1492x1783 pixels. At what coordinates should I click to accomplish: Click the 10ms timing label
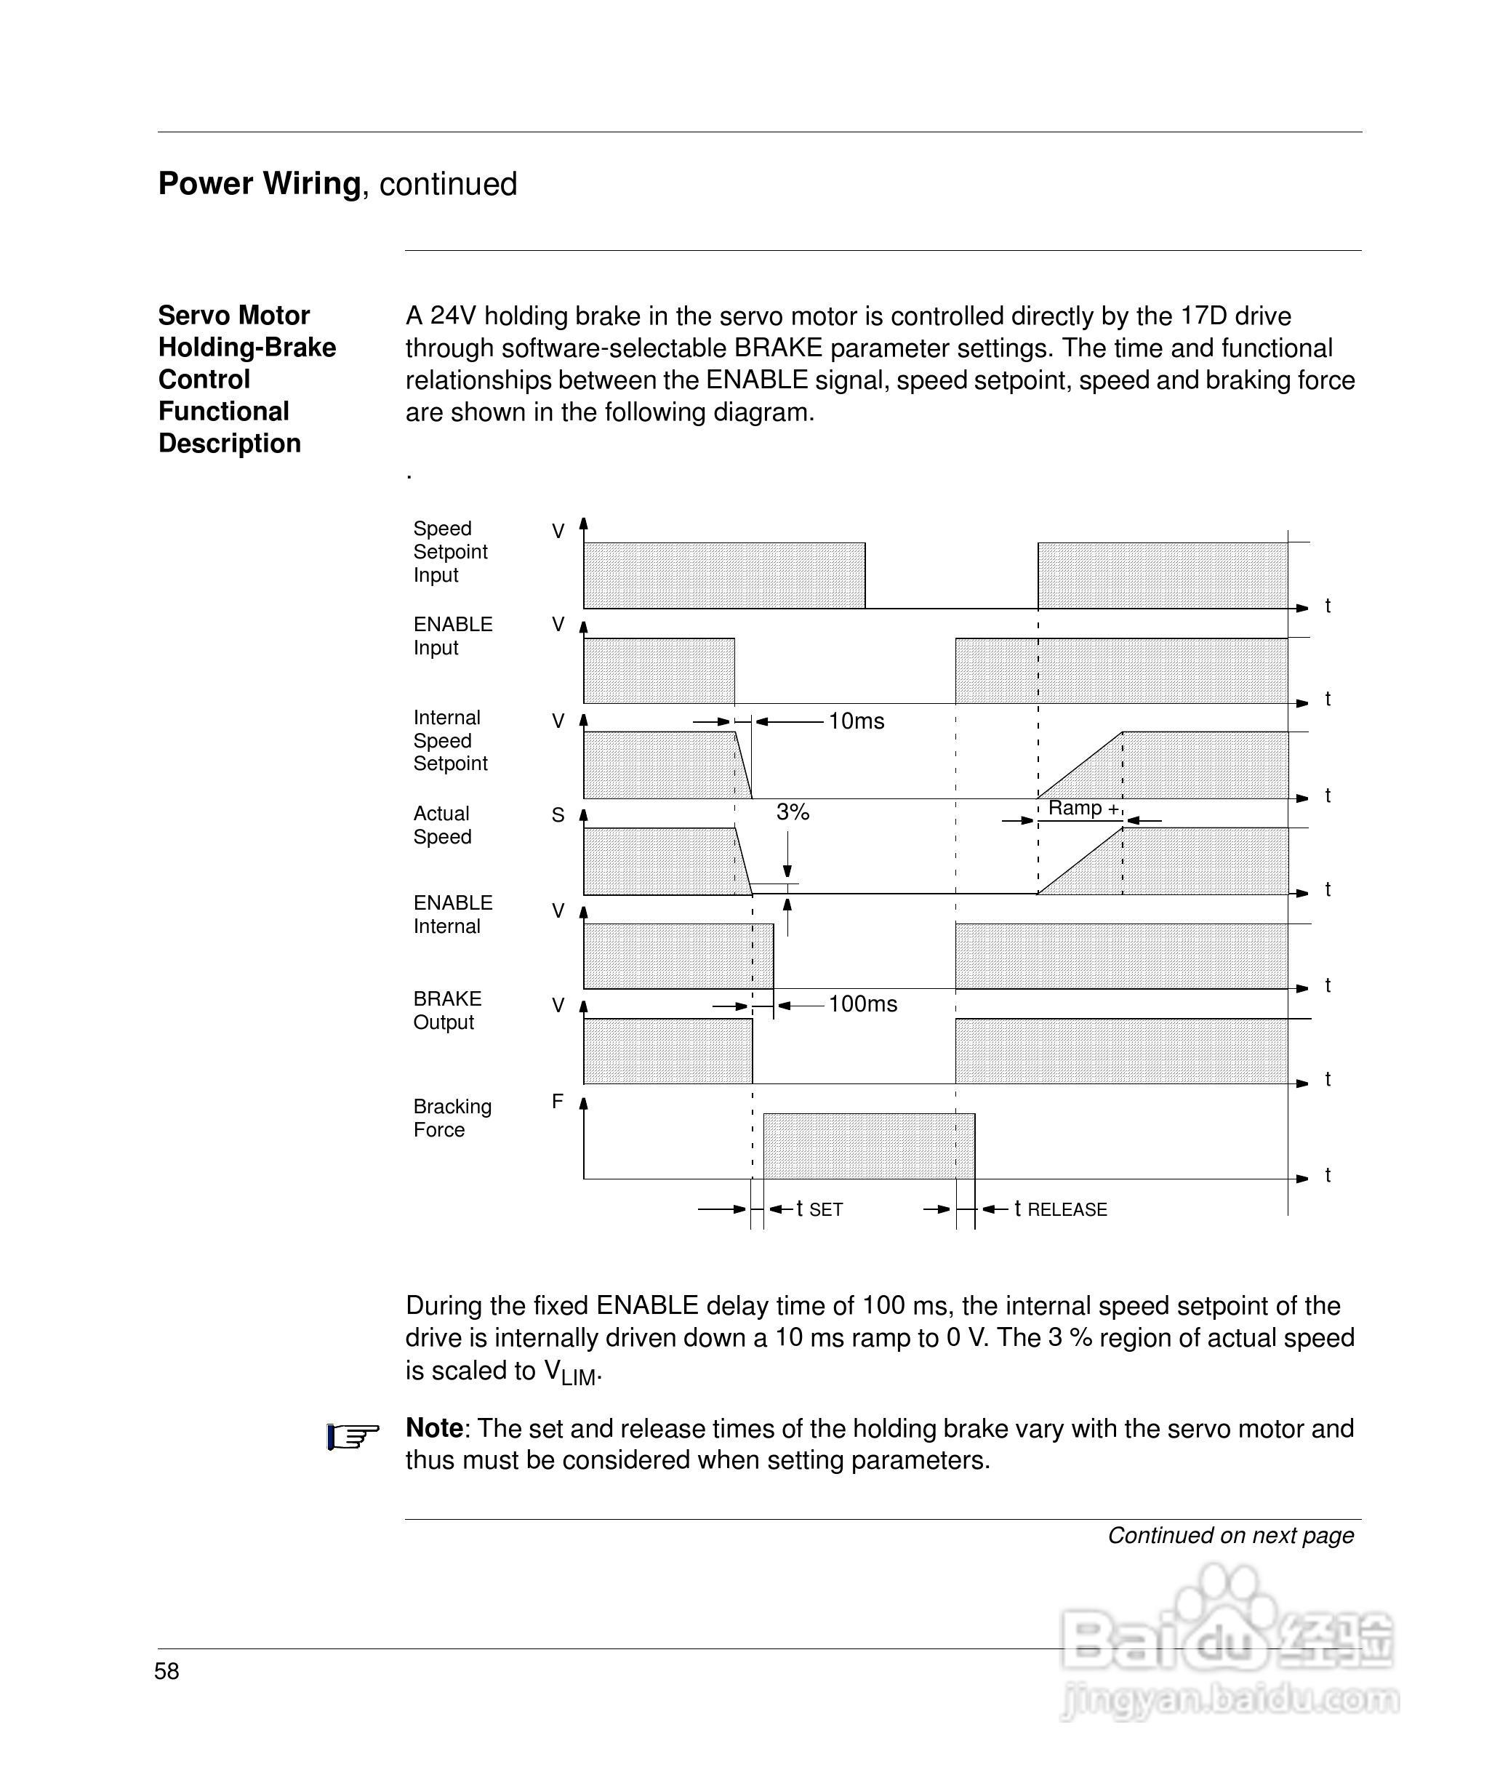[856, 721]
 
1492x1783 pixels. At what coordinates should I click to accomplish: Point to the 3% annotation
[793, 812]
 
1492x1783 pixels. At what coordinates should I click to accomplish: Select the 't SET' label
[819, 1209]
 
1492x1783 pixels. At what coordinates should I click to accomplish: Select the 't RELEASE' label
[1061, 1209]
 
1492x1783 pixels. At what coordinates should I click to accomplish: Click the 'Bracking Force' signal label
[452, 1118]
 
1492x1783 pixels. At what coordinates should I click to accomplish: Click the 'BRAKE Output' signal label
[446, 1010]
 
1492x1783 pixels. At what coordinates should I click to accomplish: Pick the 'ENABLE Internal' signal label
[452, 915]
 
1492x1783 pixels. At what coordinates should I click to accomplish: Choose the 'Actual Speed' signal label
[441, 825]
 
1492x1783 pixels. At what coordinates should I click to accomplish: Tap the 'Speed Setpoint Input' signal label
[450, 552]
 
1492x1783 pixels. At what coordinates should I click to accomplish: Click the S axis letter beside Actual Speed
[558, 815]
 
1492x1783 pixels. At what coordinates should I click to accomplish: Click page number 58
[167, 1671]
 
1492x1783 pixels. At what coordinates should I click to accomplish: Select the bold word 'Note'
[434, 1428]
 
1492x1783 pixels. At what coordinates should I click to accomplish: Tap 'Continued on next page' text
[1230, 1535]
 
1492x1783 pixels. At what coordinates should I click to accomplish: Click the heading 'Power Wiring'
[259, 183]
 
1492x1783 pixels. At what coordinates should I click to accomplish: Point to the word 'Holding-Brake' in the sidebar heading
[247, 348]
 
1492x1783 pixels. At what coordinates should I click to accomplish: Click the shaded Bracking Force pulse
[868, 1145]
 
